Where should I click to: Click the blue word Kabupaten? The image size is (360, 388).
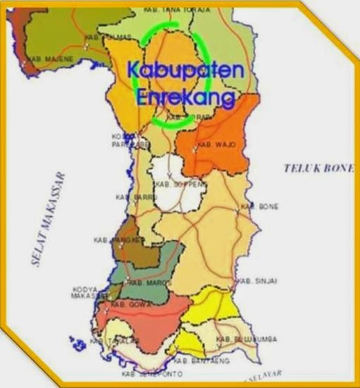pos(186,71)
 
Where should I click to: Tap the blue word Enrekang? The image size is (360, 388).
pos(185,99)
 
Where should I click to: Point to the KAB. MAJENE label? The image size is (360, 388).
pos(44,60)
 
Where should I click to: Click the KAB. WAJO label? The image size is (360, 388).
pos(216,144)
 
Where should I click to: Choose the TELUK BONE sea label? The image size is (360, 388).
pos(319,168)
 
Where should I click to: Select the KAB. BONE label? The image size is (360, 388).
pos(260,206)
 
